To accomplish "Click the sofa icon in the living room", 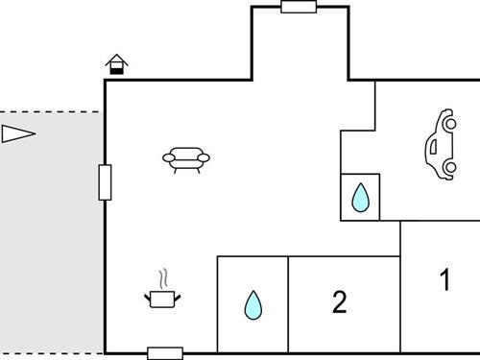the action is pyautogui.click(x=186, y=159).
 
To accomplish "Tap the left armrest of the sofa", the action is pyautogui.click(x=169, y=158).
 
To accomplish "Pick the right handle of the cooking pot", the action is pyautogui.click(x=180, y=298).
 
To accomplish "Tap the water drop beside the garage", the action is pyautogui.click(x=360, y=198).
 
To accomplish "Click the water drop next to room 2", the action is pyautogui.click(x=252, y=305).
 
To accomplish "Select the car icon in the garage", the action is pyautogui.click(x=442, y=145).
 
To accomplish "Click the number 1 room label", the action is pyautogui.click(x=444, y=280).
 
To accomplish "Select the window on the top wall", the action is pyautogui.click(x=299, y=7).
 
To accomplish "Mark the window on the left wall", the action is pyautogui.click(x=105, y=181).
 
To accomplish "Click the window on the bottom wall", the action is pyautogui.click(x=165, y=353).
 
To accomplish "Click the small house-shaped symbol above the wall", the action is pyautogui.click(x=117, y=64).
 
